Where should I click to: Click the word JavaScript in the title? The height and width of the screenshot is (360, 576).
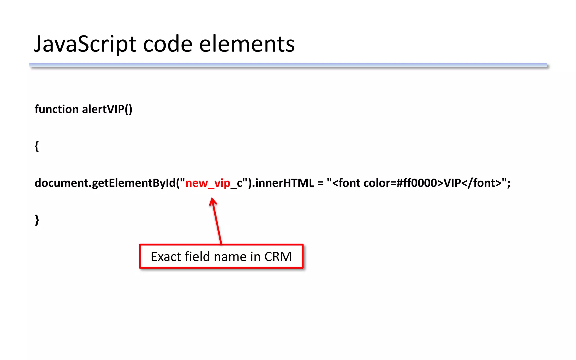pyautogui.click(x=85, y=44)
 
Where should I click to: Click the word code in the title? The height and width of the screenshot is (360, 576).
pyautogui.click(x=168, y=44)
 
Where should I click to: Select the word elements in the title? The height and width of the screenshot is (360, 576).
pyautogui.click(x=247, y=44)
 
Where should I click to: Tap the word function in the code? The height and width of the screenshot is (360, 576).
pyautogui.click(x=56, y=109)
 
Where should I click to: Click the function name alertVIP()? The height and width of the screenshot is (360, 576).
pyautogui.click(x=107, y=109)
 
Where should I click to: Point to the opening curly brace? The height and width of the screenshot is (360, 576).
pyautogui.click(x=37, y=146)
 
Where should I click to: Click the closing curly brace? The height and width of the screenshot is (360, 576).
pyautogui.click(x=37, y=220)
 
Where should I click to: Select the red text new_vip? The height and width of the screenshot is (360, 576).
pyautogui.click(x=208, y=183)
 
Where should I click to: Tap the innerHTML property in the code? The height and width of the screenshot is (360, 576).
pyautogui.click(x=284, y=183)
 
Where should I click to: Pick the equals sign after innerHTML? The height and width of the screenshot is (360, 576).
pyautogui.click(x=320, y=183)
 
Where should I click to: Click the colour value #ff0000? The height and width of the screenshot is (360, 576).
pyautogui.click(x=417, y=183)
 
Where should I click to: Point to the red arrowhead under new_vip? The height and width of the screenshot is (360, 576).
pyautogui.click(x=213, y=201)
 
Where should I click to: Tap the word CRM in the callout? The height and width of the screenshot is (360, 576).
pyautogui.click(x=278, y=256)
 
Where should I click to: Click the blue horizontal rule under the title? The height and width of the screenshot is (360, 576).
pyautogui.click(x=288, y=65)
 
